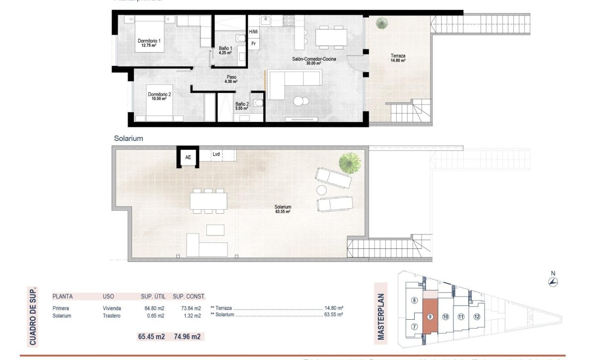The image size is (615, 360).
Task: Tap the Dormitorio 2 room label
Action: click(159, 96)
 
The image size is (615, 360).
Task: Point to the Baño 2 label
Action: click(242, 106)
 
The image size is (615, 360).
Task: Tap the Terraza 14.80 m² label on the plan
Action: click(398, 59)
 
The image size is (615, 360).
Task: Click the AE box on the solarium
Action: click(188, 157)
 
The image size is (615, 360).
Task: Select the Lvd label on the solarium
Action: click(216, 154)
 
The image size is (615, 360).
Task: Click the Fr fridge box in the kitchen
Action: click(253, 44)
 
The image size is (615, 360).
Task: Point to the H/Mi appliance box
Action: click(253, 32)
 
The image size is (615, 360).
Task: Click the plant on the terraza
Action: click(382, 23)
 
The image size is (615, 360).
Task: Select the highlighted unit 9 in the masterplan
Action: click(430, 316)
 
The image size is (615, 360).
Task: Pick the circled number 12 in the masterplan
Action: click(477, 316)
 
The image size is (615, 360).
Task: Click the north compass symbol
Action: click(553, 282)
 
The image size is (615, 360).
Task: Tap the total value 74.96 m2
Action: click(188, 337)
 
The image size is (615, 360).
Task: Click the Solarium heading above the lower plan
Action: click(128, 138)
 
